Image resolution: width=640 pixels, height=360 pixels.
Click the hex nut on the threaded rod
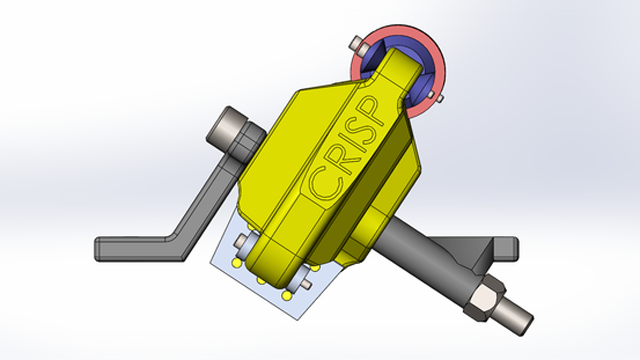tap(484, 297)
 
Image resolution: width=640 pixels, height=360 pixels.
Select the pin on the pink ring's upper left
tap(358, 44)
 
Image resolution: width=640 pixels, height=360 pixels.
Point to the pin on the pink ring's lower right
tap(435, 96)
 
